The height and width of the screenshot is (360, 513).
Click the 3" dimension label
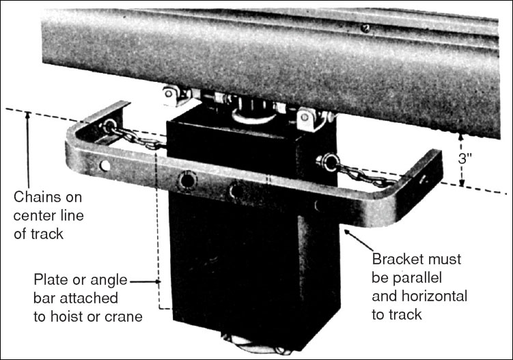coord(465,158)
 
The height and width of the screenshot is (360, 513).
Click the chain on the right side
coord(365,174)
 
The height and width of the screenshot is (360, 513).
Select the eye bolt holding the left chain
coord(109,125)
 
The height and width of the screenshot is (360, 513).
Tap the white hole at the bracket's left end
coord(105,165)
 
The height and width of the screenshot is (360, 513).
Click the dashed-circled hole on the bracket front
coord(186,180)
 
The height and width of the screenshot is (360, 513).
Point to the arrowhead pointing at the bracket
coord(348,232)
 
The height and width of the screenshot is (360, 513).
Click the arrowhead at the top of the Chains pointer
coord(28,115)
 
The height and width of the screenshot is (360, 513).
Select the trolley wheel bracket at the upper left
coord(175,96)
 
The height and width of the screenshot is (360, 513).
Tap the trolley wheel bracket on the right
coord(309,120)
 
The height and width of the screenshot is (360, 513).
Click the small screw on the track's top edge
coord(365,28)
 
